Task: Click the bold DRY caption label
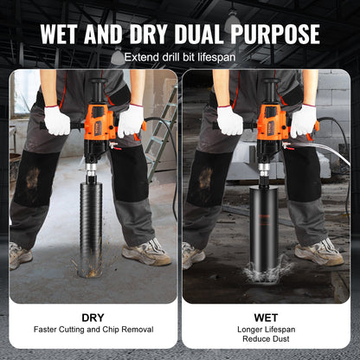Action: pyautogui.click(x=93, y=318)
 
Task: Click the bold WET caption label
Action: pyautogui.click(x=266, y=318)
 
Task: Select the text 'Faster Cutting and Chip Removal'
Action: pyautogui.click(x=93, y=330)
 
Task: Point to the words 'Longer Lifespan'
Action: pyautogui.click(x=266, y=329)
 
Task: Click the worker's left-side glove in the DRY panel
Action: pyautogui.click(x=57, y=120)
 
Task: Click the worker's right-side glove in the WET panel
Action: pyautogui.click(x=304, y=120)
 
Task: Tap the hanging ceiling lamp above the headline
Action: pyautogui.click(x=231, y=16)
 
